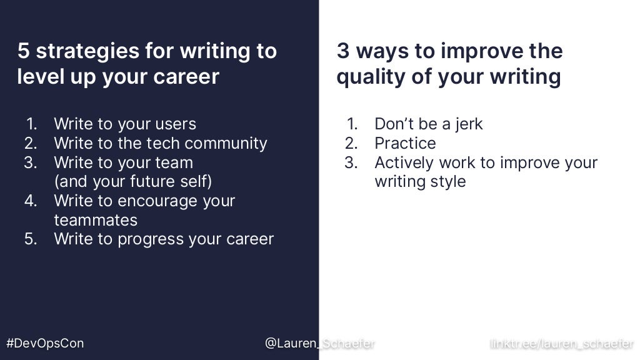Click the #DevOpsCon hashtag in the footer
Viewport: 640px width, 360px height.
pos(44,343)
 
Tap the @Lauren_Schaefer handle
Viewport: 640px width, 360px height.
pos(319,343)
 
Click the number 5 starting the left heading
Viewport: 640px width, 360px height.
pos(23,51)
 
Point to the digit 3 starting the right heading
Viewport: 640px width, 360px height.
pos(342,51)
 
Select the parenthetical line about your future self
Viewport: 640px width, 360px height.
pos(132,182)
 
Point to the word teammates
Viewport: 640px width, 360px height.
pos(95,220)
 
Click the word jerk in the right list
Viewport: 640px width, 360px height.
pos(469,124)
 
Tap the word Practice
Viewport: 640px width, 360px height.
pos(405,143)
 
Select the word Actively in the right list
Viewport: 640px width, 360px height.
pos(404,162)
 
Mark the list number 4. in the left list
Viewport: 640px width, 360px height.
pos(31,201)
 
